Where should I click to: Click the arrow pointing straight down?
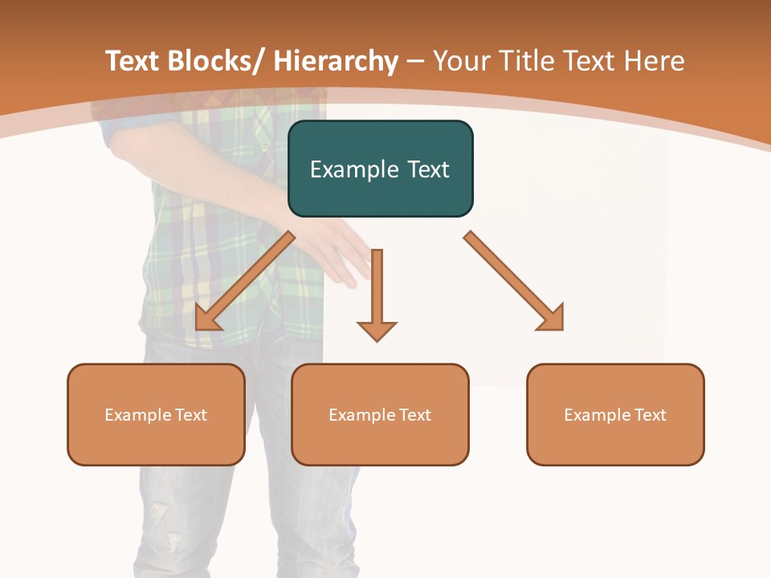(377, 297)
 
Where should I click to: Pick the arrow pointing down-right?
(514, 281)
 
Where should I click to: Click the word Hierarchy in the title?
(336, 61)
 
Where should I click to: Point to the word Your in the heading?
(460, 61)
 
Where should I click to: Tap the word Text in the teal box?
(427, 169)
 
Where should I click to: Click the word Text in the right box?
(648, 415)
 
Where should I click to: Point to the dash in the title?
(415, 63)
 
